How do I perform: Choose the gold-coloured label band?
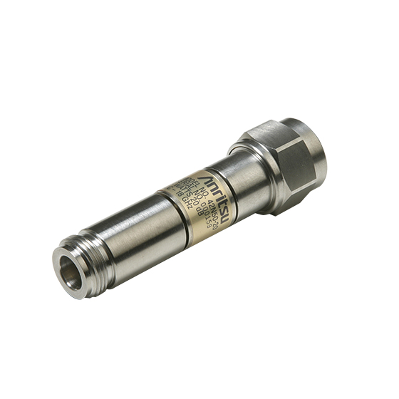point(192,196)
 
